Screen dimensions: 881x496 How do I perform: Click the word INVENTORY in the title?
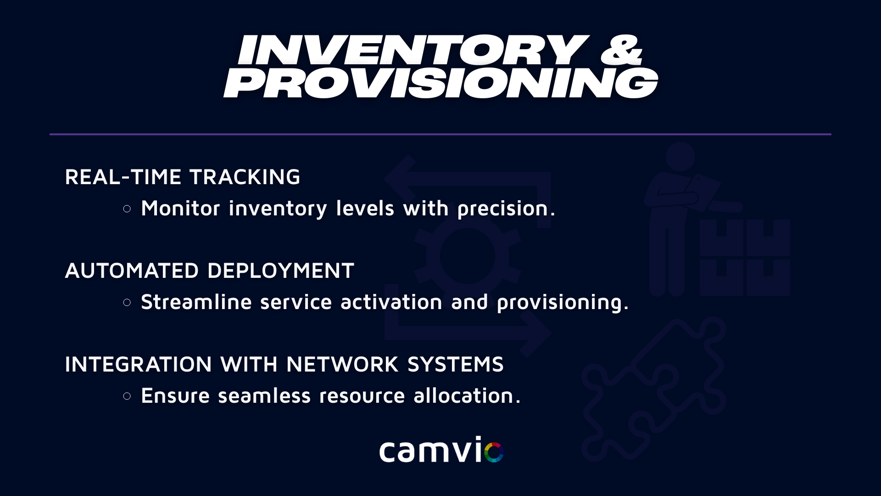(413, 50)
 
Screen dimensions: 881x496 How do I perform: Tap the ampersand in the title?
(622, 50)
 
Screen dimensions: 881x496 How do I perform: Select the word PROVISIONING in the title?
(441, 83)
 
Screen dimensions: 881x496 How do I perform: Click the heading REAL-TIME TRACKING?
(182, 177)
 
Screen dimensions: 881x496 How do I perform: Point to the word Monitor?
(180, 208)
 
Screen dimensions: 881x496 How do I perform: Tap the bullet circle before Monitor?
(127, 209)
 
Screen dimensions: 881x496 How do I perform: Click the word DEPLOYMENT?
(280, 271)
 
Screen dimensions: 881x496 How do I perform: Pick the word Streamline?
(196, 302)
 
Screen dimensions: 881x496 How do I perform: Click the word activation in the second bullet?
(391, 302)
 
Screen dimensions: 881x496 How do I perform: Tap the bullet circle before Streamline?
(127, 303)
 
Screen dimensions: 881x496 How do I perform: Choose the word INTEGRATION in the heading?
(138, 364)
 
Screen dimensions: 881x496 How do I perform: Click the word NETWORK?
(342, 364)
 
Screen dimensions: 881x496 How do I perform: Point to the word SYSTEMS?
(455, 364)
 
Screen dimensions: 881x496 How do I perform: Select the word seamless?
(264, 395)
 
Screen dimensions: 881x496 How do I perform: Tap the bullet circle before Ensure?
(127, 396)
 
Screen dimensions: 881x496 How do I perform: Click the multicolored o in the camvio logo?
(494, 452)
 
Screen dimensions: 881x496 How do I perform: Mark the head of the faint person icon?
(680, 156)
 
